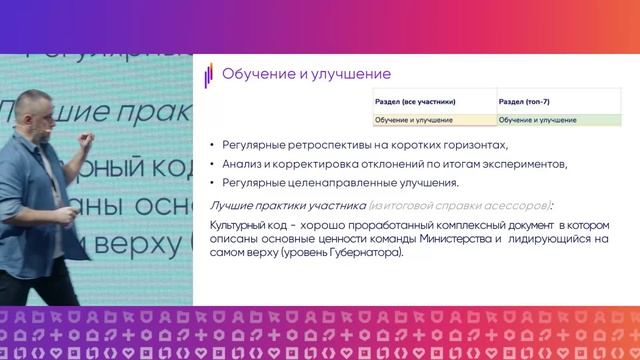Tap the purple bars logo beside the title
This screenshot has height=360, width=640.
coord(209,76)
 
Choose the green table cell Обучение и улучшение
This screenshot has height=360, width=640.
coord(537,120)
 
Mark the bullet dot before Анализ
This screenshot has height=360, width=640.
coord(212,164)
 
